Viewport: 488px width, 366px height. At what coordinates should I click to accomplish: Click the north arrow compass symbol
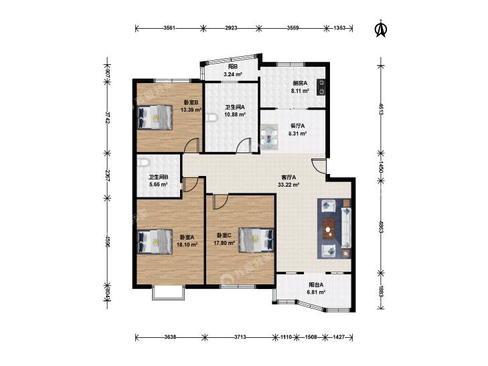[x=380, y=29]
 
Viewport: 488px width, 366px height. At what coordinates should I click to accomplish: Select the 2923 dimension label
[x=231, y=28]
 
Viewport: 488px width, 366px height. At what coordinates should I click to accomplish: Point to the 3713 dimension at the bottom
[x=240, y=337]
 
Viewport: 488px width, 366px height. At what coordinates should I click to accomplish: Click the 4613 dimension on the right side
[x=381, y=109]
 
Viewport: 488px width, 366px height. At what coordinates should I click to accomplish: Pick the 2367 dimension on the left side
[x=107, y=176]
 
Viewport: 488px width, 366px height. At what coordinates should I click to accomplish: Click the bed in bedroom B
[x=155, y=118]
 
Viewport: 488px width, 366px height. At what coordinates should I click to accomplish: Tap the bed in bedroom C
[x=256, y=240]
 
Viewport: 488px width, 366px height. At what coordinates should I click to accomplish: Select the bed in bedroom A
[x=155, y=242]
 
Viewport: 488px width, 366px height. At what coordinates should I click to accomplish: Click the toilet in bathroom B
[x=143, y=163]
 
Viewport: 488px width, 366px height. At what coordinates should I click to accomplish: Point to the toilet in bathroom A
[x=212, y=118]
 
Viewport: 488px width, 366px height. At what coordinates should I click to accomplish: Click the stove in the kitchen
[x=321, y=87]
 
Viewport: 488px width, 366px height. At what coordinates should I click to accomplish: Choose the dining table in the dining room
[x=270, y=136]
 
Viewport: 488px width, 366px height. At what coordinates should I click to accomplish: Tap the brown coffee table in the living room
[x=329, y=229]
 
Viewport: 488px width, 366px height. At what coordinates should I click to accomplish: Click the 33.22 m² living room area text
[x=289, y=185]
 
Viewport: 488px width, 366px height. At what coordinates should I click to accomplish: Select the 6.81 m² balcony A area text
[x=316, y=292]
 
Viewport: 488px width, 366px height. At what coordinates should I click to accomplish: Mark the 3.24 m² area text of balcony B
[x=233, y=75]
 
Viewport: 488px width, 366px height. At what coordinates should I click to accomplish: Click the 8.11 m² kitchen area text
[x=300, y=91]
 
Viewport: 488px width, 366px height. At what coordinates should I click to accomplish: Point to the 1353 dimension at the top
[x=339, y=28]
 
